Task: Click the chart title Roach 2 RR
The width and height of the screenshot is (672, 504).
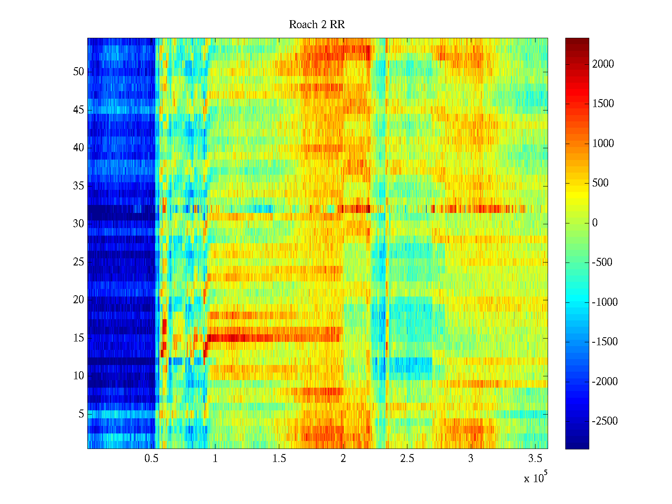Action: point(317,25)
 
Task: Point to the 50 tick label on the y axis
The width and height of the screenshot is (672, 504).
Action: point(79,72)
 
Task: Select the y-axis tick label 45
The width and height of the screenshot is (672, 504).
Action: point(79,110)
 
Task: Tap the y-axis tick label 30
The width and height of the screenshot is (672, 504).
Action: point(79,224)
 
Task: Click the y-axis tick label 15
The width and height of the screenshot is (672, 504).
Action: point(79,338)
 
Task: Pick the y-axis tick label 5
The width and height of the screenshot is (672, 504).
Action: point(81,414)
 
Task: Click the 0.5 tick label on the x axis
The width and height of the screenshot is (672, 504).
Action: point(151,459)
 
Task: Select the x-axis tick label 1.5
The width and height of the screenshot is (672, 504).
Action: point(279,459)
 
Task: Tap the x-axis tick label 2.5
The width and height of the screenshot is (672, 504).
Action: point(407,459)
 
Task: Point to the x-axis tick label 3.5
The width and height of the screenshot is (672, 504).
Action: point(535,459)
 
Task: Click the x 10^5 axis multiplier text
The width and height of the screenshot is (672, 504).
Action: point(535,478)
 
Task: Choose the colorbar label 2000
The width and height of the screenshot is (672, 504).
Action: point(603,64)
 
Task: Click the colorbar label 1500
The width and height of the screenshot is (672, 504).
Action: point(603,104)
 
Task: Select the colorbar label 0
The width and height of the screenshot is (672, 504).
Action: point(595,223)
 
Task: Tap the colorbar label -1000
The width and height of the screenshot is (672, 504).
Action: point(605,302)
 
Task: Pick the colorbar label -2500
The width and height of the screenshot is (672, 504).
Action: point(605,421)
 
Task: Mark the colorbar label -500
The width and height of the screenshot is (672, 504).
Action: point(602,262)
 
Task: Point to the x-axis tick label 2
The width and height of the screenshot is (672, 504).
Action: point(343,459)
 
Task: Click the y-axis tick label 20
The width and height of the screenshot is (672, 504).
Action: point(79,300)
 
